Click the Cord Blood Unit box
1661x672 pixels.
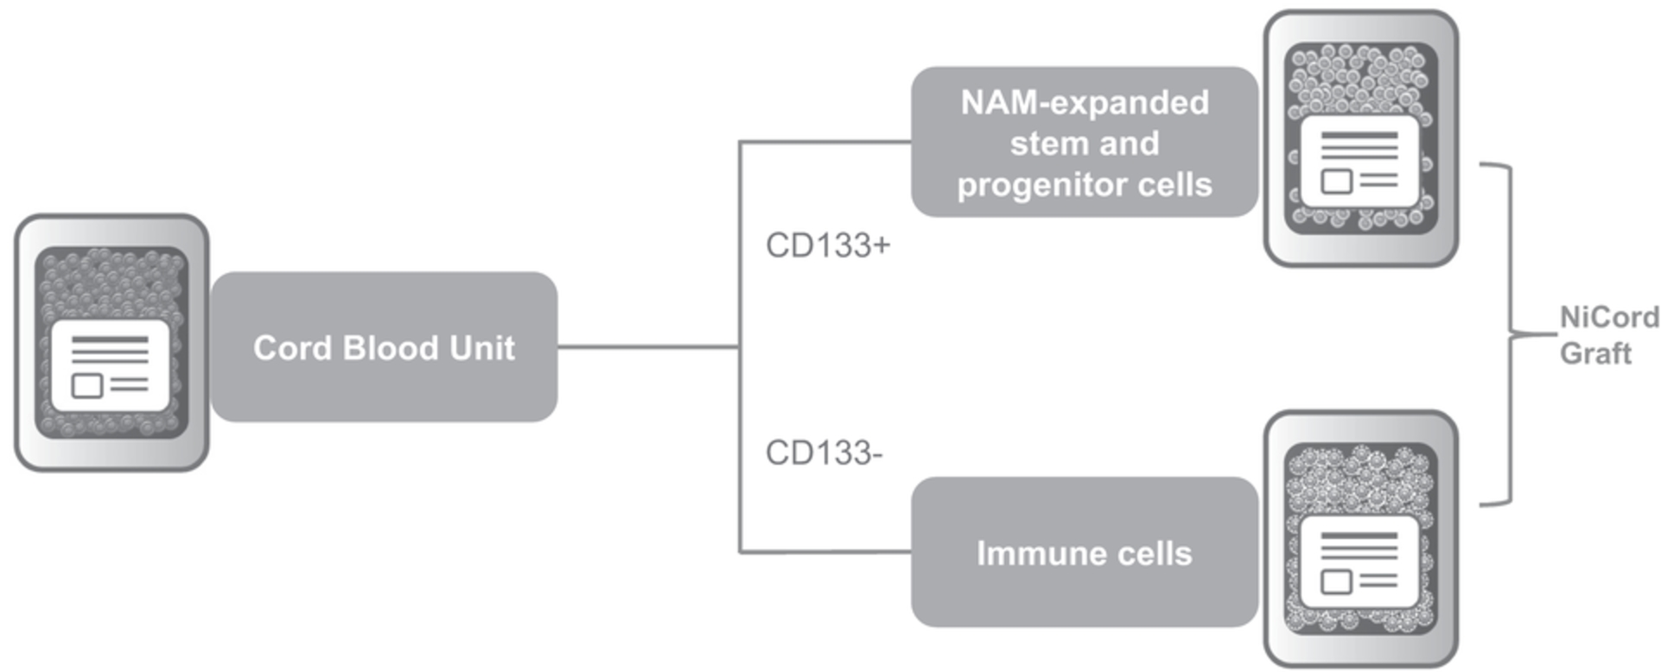[x=385, y=347]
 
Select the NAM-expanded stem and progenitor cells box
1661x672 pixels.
[x=1085, y=143]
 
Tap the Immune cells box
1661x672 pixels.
[x=1085, y=553]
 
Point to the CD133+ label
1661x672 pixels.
[x=828, y=245]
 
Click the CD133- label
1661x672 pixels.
[x=824, y=453]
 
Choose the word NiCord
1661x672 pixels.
[x=1609, y=317]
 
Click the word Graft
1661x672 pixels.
[x=1595, y=353]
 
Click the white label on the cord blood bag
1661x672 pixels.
[x=110, y=365]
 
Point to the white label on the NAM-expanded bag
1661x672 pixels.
[x=1359, y=162]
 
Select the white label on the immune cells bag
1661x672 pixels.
[x=1359, y=561]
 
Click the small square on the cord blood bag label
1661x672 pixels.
[x=86, y=385]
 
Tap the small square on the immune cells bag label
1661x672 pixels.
[x=1336, y=581]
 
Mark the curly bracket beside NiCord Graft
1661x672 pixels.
[x=1511, y=333]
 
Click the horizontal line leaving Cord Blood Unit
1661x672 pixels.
[x=648, y=347]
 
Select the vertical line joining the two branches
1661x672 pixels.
[x=740, y=347]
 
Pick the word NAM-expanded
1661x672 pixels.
[x=1085, y=103]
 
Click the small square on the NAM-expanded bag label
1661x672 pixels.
[x=1336, y=181]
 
